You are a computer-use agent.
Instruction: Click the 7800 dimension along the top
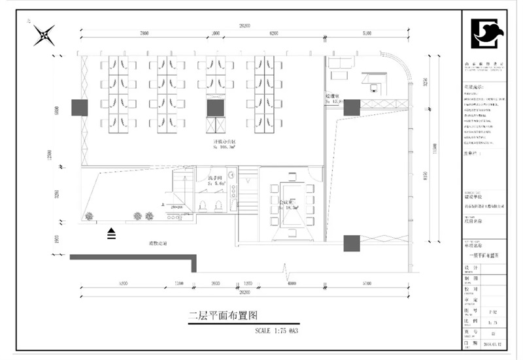(x=144, y=33)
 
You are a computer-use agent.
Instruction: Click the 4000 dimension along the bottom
(x=291, y=283)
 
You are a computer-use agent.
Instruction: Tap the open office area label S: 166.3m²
(x=225, y=146)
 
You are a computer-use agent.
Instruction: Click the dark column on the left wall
(x=79, y=107)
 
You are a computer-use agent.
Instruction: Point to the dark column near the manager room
(x=352, y=106)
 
